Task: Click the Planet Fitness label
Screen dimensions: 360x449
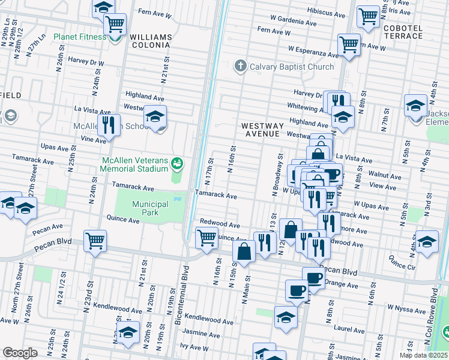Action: [x=79, y=37]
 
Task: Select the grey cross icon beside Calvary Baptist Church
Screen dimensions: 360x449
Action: [x=240, y=66]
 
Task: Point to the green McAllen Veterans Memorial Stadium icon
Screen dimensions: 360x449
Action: [x=176, y=163]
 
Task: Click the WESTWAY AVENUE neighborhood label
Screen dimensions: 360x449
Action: [x=261, y=130]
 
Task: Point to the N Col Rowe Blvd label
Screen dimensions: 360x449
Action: [x=433, y=316]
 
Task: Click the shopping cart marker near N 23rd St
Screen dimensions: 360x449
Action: [x=95, y=241]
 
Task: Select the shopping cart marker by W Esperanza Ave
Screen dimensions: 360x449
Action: [x=348, y=44]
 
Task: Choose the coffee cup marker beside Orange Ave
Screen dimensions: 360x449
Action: [x=313, y=278]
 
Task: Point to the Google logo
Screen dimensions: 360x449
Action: [x=20, y=353]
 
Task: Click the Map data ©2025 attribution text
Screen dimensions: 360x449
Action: [x=424, y=355]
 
